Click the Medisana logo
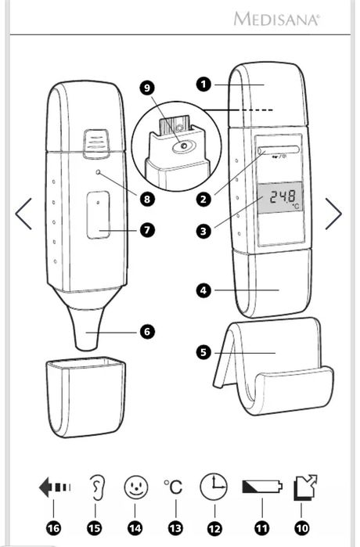tap(276, 19)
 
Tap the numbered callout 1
tap(203, 85)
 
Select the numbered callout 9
tap(147, 88)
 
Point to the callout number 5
tap(203, 352)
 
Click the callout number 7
tap(147, 230)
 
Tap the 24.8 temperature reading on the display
tap(283, 196)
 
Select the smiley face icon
tap(135, 487)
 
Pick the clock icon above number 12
tap(214, 486)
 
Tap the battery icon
tap(262, 486)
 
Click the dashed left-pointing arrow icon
tap(55, 487)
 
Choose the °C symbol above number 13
tap(173, 487)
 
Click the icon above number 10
tap(305, 488)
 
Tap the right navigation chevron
tap(334, 214)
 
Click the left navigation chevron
tap(23, 214)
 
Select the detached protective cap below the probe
tap(86, 397)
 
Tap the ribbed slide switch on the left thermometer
tap(95, 143)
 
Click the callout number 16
tap(53, 528)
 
